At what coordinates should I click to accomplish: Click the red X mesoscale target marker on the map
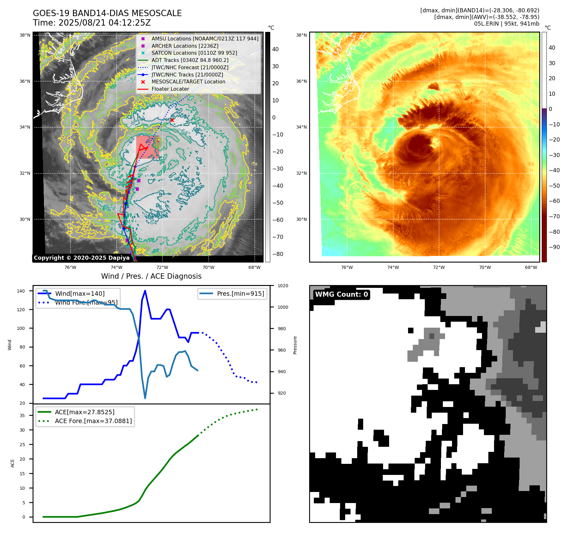[x=172, y=120]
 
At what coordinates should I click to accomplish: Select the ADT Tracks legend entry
[x=190, y=60]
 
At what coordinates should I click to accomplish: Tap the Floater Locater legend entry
[x=170, y=89]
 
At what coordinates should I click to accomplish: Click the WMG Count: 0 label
[x=341, y=294]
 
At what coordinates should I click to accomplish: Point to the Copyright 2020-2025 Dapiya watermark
[x=82, y=258]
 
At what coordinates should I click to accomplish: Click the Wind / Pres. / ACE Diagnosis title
[x=151, y=276]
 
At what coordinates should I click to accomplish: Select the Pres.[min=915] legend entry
[x=240, y=294]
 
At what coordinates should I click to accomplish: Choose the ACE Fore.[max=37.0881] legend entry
[x=93, y=421]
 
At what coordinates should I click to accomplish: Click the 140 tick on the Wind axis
[x=21, y=291]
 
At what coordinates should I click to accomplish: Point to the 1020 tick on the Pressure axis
[x=283, y=286]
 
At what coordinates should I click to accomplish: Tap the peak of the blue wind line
[x=145, y=291]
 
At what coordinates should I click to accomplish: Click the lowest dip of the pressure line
[x=145, y=398]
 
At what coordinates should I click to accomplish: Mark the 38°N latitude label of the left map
[x=25, y=35]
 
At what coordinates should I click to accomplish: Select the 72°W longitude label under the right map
[x=439, y=267]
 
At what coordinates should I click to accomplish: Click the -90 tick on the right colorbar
[x=554, y=247]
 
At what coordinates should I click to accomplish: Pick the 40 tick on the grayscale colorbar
[x=275, y=49]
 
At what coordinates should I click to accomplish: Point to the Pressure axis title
[x=295, y=345]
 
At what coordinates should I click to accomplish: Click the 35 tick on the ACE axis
[x=22, y=416]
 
